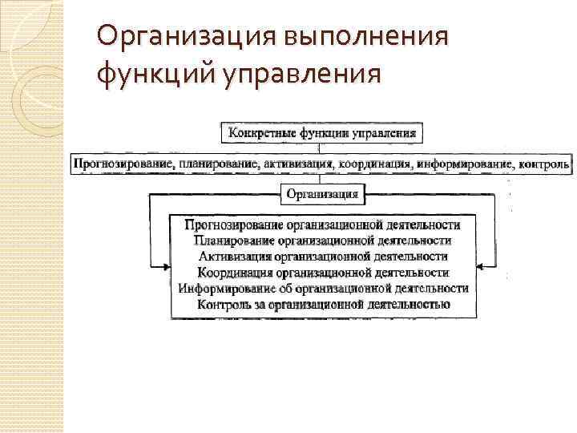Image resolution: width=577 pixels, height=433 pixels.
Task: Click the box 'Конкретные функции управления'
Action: (322, 132)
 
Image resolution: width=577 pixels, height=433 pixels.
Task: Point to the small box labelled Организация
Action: (323, 193)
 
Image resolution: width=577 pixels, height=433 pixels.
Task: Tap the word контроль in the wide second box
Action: (544, 164)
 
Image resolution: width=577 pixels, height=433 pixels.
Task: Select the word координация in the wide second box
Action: (375, 164)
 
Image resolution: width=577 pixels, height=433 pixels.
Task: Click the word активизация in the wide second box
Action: (297, 164)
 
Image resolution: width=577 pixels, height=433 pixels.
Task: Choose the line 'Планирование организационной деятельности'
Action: (322, 240)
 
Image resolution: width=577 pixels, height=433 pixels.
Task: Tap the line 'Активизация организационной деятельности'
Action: (322, 256)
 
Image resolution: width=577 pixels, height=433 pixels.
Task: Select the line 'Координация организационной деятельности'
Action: (322, 272)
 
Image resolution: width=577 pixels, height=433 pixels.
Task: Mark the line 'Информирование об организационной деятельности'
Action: (322, 288)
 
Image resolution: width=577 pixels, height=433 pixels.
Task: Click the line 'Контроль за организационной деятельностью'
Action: (322, 304)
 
